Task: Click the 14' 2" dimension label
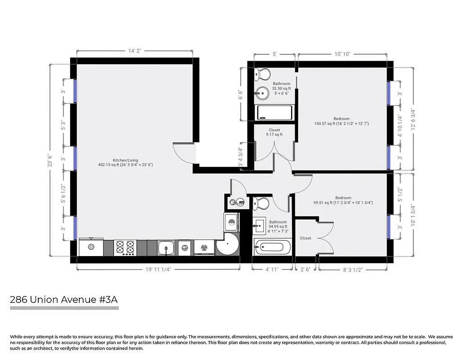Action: (x=135, y=51)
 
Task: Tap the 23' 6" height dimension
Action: (x=50, y=160)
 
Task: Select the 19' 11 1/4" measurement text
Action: (x=158, y=270)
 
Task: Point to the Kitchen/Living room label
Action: (x=126, y=162)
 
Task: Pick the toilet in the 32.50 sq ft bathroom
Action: (x=262, y=73)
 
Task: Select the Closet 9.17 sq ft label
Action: (x=274, y=132)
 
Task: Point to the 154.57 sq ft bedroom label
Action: (x=342, y=121)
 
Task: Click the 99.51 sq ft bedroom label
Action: (x=343, y=200)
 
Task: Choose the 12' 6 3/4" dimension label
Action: (x=412, y=119)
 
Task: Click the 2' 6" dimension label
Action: (x=306, y=270)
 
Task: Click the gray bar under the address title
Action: (x=64, y=308)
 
